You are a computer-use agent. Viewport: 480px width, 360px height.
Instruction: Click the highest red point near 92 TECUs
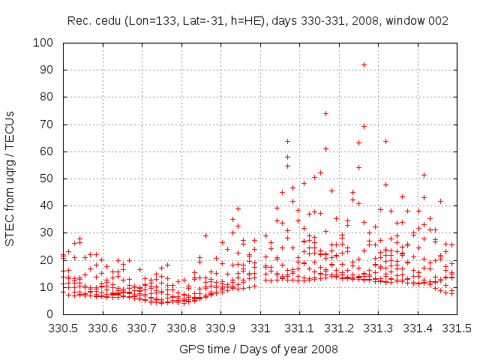pyautogui.click(x=364, y=64)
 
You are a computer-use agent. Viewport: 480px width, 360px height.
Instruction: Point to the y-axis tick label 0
pyautogui.click(x=51, y=314)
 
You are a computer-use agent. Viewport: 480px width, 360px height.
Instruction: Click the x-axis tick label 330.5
pyautogui.click(x=63, y=328)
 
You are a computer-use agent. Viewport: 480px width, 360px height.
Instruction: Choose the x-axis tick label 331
pyautogui.click(x=260, y=328)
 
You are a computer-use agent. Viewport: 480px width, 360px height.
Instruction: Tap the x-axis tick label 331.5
pyautogui.click(x=457, y=328)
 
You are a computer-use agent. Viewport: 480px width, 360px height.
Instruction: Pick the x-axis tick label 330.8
pyautogui.click(x=181, y=328)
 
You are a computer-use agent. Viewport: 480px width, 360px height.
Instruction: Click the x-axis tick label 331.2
pyautogui.click(x=339, y=328)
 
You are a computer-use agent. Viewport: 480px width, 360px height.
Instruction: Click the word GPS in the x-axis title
pyautogui.click(x=190, y=349)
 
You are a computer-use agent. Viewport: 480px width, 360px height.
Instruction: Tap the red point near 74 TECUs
pyautogui.click(x=325, y=114)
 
